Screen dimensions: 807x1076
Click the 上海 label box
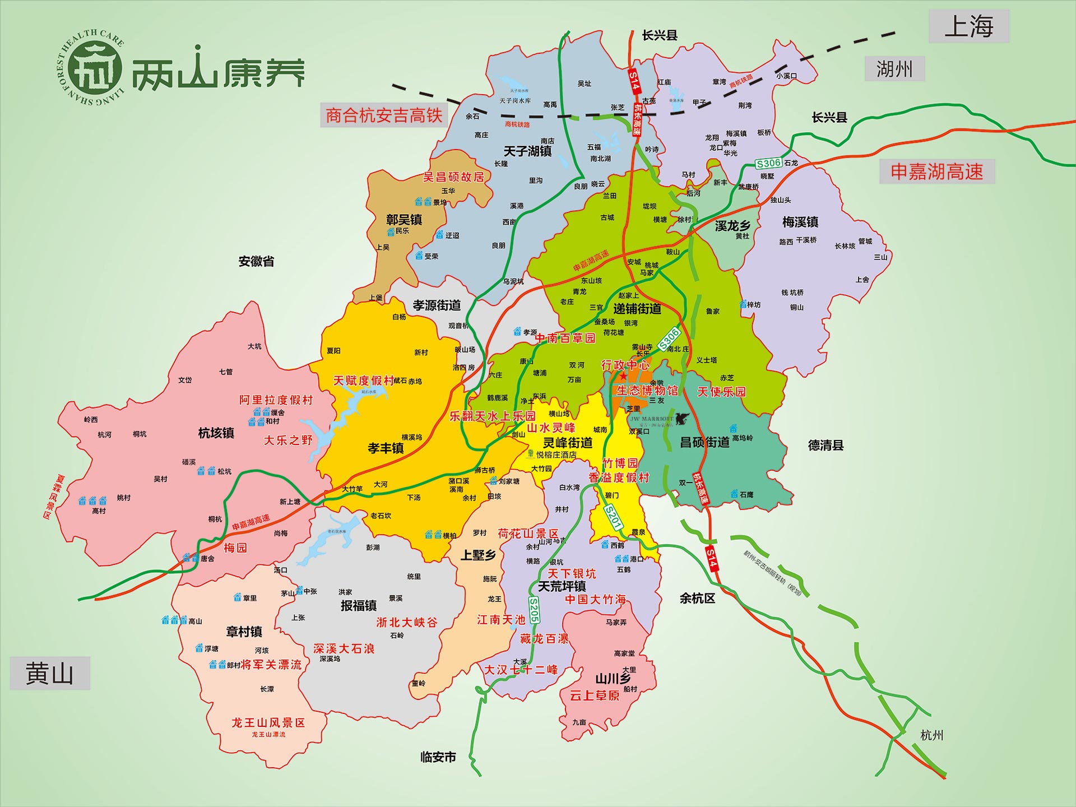969,26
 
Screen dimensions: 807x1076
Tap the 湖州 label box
894,69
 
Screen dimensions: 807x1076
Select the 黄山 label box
49,673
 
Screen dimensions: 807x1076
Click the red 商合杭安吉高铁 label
384,115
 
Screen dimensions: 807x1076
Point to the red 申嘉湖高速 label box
936,171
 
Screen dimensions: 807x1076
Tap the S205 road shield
534,610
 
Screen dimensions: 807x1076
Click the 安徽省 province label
256,261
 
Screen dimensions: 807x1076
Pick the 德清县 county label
825,446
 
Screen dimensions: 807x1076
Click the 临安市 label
438,757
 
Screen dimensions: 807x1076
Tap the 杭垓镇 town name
216,433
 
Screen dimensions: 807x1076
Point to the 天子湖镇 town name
527,151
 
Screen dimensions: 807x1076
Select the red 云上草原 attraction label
595,695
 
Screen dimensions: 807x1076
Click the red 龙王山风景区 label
268,723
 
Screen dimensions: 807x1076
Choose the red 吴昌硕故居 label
453,177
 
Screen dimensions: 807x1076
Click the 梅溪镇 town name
800,222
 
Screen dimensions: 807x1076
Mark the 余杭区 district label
697,599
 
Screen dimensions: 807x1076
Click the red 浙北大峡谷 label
407,623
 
